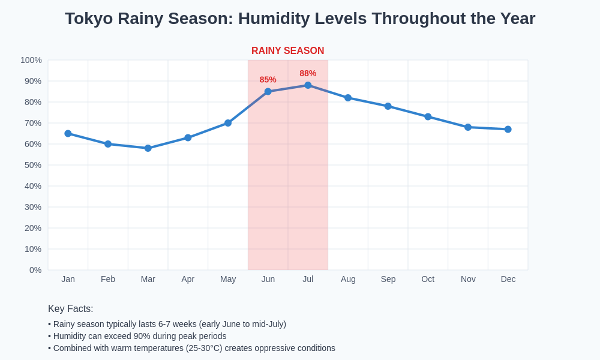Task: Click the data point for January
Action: point(68,133)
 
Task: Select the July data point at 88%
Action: point(308,85)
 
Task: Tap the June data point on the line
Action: point(268,91)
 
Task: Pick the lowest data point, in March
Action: point(148,148)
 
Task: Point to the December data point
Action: point(508,129)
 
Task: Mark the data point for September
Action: point(388,106)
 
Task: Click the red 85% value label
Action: point(268,80)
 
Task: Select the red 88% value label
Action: point(308,73)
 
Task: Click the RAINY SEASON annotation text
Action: point(287,51)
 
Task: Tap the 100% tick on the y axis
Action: point(31,60)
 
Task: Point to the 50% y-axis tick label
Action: point(33,165)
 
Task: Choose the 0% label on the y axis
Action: point(35,270)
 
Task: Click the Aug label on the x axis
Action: point(348,279)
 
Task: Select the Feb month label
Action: point(108,279)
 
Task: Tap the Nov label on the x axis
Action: point(468,279)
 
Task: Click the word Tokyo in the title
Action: point(89,19)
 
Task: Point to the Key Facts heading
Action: point(71,309)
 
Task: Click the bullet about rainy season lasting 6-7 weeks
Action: point(167,324)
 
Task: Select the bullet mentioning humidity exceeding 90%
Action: point(137,336)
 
